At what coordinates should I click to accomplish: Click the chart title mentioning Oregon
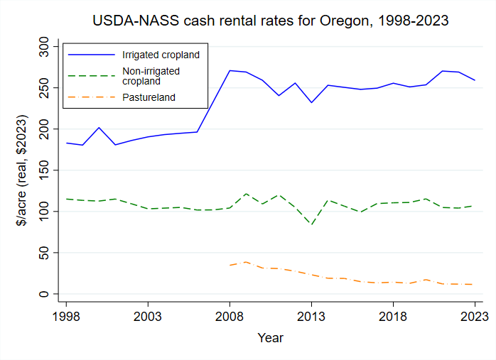(x=271, y=21)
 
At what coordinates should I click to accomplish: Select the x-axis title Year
(x=271, y=337)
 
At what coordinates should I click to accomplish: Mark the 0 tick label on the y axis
(x=48, y=294)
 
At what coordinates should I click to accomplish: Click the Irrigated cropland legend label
(x=158, y=55)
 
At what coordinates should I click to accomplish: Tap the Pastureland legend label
(x=148, y=97)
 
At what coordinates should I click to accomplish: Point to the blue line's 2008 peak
(x=230, y=70)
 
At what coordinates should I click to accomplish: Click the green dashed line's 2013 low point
(x=311, y=224)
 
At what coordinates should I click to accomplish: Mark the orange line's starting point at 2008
(x=230, y=265)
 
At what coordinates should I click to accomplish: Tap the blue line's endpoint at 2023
(x=475, y=80)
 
